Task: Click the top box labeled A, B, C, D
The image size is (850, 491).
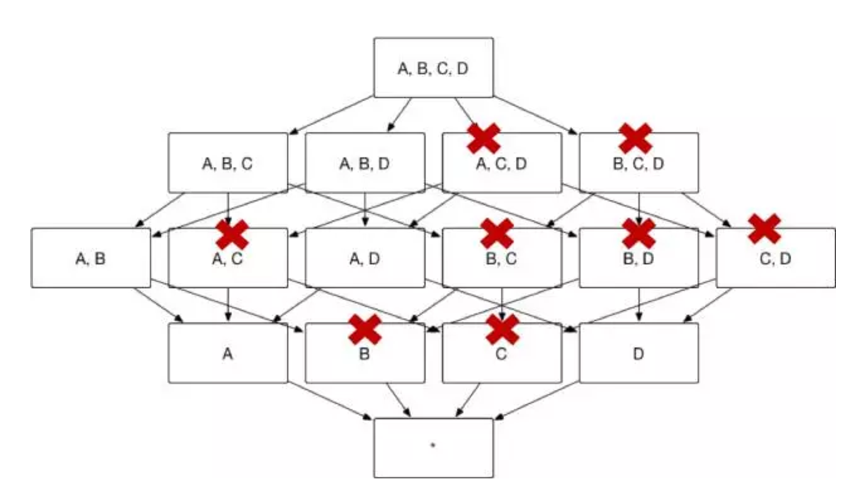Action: tap(433, 67)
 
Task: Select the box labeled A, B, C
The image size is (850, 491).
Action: tap(227, 163)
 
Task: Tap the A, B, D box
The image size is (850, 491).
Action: tap(365, 163)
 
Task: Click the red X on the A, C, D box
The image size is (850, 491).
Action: tap(484, 138)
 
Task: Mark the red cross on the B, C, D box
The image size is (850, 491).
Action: tap(635, 138)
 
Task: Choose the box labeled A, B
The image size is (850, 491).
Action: tap(91, 258)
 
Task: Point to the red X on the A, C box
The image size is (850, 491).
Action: tap(232, 235)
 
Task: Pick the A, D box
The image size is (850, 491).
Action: tap(365, 258)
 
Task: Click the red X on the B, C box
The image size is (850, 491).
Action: tap(497, 234)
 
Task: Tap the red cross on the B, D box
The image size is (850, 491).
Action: tap(638, 234)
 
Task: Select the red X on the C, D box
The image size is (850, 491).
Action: tap(764, 229)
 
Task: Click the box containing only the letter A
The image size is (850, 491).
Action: tap(227, 353)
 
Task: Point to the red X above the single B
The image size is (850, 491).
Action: tap(365, 330)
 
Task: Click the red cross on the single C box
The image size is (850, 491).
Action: tap(502, 330)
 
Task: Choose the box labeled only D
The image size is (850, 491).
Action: tap(638, 353)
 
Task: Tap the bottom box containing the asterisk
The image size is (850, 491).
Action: tap(433, 448)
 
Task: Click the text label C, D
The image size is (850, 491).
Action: tap(775, 259)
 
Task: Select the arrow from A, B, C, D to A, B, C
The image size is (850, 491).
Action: tap(331, 115)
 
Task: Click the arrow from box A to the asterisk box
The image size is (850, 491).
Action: tap(327, 400)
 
